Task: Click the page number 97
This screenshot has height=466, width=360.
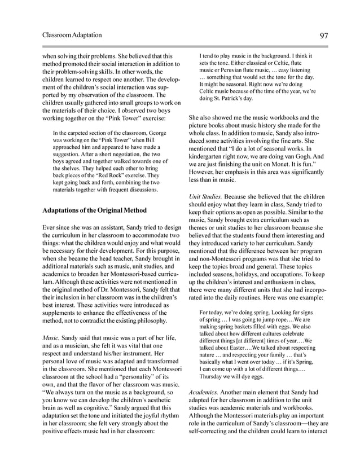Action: point(324,36)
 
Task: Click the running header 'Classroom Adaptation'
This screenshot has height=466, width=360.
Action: point(72,36)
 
